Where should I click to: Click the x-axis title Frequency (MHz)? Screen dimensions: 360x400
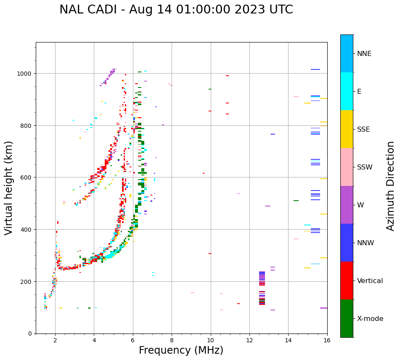181,350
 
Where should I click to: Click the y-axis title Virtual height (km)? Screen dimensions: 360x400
9,188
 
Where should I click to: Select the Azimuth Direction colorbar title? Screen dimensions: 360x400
391,186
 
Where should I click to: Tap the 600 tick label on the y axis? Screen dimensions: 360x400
27,177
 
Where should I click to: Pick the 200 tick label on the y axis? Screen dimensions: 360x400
27,281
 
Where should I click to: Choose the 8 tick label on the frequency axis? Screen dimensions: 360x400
172,341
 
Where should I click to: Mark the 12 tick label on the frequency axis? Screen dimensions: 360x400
249,341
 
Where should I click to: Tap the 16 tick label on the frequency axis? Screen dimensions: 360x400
327,341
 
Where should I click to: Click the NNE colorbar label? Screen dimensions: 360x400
364,54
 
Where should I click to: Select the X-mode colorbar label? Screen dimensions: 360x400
370,319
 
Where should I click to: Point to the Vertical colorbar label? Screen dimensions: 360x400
370,281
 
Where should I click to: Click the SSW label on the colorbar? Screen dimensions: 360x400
365,167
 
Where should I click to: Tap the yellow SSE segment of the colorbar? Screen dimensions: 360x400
347,129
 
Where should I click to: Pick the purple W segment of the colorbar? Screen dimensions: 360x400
347,205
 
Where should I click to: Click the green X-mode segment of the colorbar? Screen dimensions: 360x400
347,318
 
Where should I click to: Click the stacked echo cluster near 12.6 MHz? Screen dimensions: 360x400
262,288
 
